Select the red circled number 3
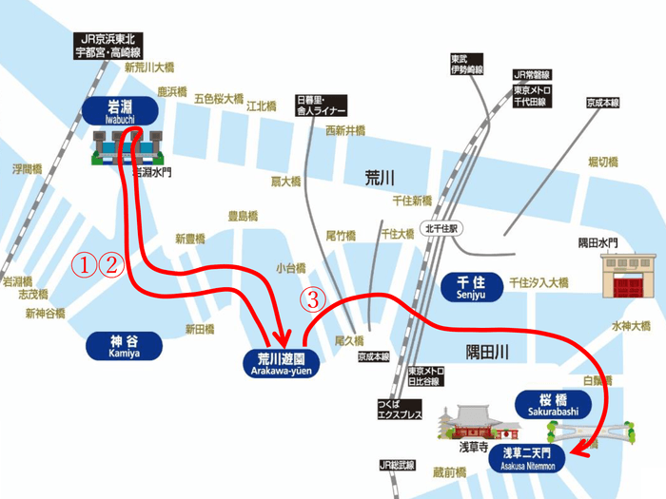coord(313,298)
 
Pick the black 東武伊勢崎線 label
coord(467,65)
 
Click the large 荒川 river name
coord(379,178)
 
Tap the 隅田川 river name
coord(488,352)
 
